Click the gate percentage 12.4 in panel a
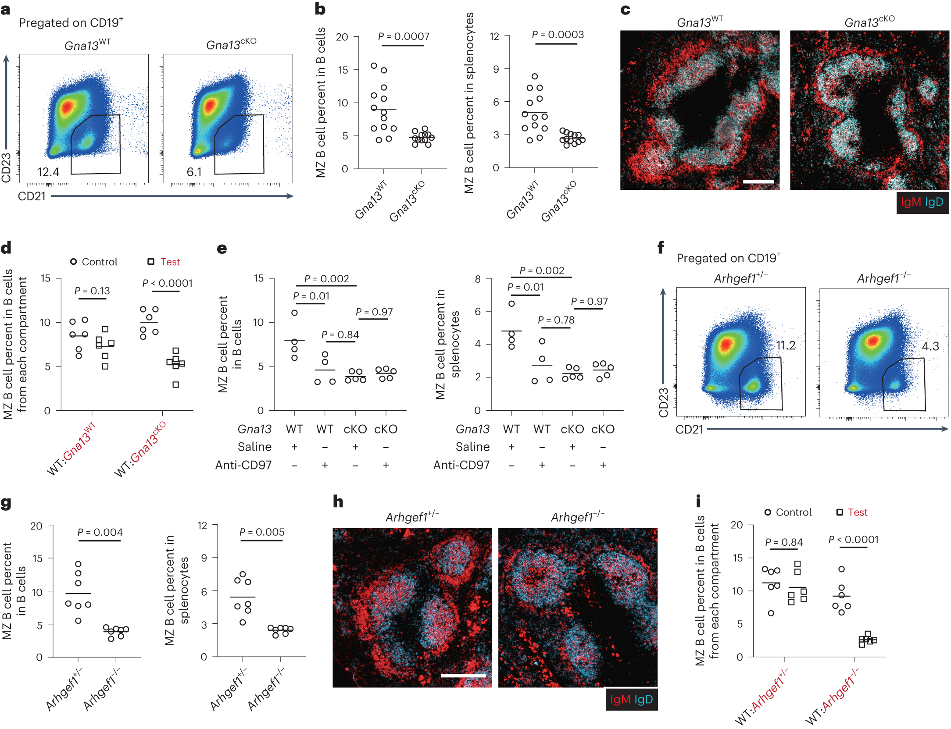tap(48, 172)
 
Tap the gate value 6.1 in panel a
tap(194, 172)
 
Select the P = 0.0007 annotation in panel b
tap(404, 36)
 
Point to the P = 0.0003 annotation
tap(558, 35)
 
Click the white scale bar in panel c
tap(758, 181)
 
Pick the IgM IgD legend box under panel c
tap(922, 203)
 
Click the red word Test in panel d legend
tap(170, 262)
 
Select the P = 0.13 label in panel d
tap(92, 291)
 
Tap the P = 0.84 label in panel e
tap(340, 335)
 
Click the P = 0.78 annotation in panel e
tap(556, 320)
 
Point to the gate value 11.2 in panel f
tap(785, 345)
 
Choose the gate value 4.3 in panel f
tap(930, 346)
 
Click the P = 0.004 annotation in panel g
tap(100, 532)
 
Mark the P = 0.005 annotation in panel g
tap(262, 532)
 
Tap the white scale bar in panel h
tap(463, 676)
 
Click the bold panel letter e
tap(222, 249)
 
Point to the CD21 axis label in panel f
tap(689, 430)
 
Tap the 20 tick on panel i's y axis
tap(736, 525)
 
